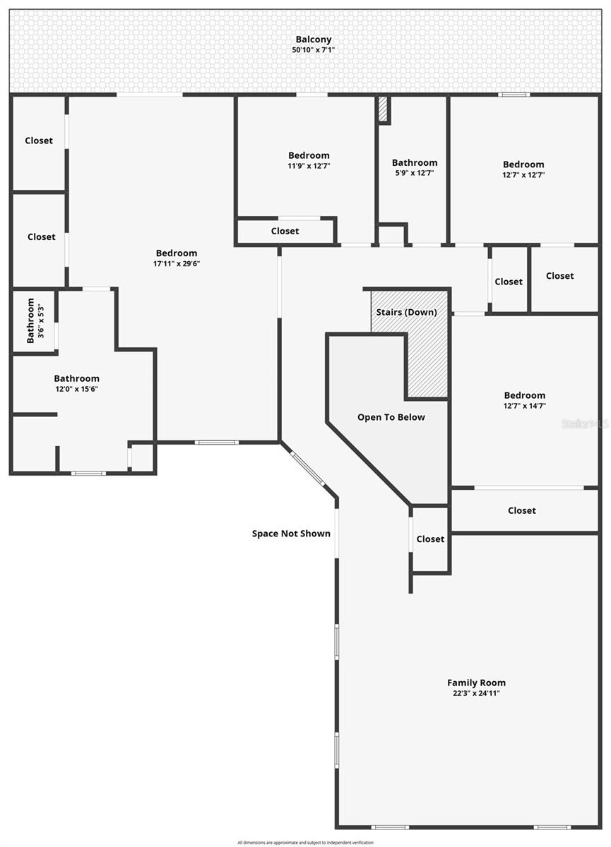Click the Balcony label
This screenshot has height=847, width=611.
click(x=313, y=40)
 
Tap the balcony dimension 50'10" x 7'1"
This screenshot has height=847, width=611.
click(x=313, y=50)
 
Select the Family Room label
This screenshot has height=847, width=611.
click(x=476, y=683)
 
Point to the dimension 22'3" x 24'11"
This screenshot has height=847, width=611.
click(x=476, y=693)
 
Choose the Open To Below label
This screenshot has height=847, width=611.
click(x=391, y=417)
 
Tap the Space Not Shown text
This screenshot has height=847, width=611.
click(x=291, y=534)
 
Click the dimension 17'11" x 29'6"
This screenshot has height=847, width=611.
click(x=177, y=264)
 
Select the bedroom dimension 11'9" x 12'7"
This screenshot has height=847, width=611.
click(x=309, y=166)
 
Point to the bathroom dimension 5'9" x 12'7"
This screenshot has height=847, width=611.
click(x=415, y=173)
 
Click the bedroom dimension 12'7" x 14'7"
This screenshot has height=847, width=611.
click(x=524, y=406)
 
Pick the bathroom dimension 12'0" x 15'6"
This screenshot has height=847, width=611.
click(x=77, y=389)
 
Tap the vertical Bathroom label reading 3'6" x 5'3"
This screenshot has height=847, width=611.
click(x=35, y=321)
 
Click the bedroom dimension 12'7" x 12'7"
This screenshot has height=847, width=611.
click(x=523, y=175)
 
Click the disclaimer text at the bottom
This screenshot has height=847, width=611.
click(x=305, y=842)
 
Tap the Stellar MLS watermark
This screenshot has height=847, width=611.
click(x=584, y=423)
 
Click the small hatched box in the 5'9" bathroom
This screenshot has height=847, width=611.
click(x=383, y=109)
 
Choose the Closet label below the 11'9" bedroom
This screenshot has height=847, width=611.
click(x=285, y=231)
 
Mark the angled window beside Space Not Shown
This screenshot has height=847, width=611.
click(x=308, y=469)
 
